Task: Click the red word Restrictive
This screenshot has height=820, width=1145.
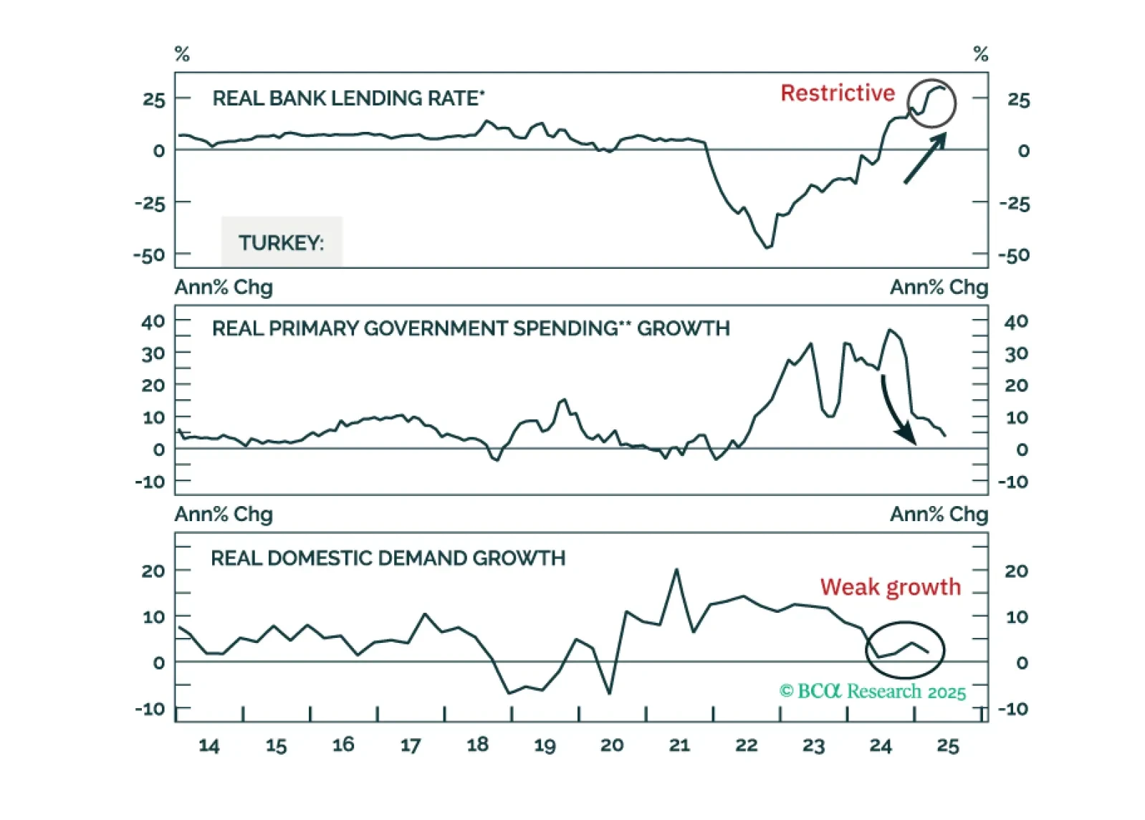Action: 838,93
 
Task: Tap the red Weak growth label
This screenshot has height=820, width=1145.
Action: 890,587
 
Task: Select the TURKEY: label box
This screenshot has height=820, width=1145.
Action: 282,242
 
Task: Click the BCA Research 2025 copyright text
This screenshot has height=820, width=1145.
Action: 873,691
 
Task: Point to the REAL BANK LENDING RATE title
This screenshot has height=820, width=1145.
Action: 348,98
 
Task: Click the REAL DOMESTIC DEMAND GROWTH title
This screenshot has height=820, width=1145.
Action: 388,558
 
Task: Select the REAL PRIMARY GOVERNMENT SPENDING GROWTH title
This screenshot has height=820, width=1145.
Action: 471,328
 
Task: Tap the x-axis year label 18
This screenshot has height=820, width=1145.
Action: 477,745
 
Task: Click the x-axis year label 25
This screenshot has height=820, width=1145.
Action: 947,745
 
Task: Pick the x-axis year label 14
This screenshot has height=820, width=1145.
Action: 209,745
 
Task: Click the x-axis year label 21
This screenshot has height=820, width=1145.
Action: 679,745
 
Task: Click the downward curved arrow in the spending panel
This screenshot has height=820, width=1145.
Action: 896,411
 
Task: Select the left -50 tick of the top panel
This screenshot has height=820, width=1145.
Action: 149,255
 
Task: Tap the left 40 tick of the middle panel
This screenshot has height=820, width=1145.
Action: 153,321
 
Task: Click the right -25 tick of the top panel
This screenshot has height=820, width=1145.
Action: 1014,204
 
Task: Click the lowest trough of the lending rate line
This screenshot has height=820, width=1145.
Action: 768,247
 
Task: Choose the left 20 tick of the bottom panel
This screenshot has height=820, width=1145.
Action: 153,571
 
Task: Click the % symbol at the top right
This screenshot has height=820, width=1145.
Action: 980,54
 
